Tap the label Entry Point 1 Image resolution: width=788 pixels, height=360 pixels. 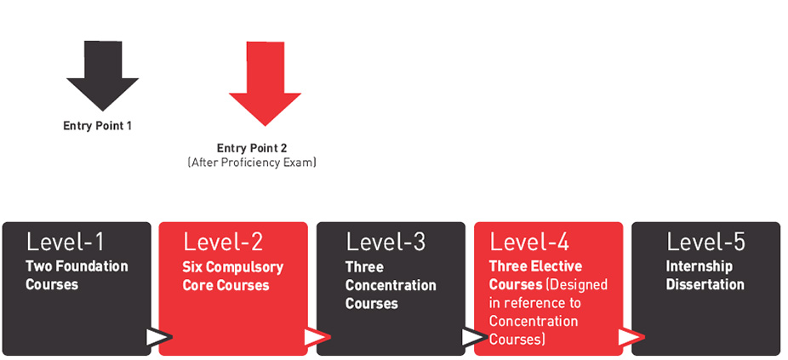[97, 126]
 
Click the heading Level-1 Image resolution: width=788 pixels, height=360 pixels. [66, 242]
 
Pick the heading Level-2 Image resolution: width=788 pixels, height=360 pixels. [223, 242]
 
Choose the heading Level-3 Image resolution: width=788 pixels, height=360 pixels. [385, 242]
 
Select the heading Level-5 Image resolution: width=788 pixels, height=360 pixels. [705, 242]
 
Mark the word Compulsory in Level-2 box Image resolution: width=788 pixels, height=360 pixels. [245, 267]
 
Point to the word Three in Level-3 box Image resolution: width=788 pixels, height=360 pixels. [364, 267]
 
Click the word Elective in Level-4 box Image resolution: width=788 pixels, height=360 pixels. [553, 267]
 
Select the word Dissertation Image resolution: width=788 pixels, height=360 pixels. [705, 285]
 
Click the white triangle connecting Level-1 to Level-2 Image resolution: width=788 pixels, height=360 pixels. [157, 337]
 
